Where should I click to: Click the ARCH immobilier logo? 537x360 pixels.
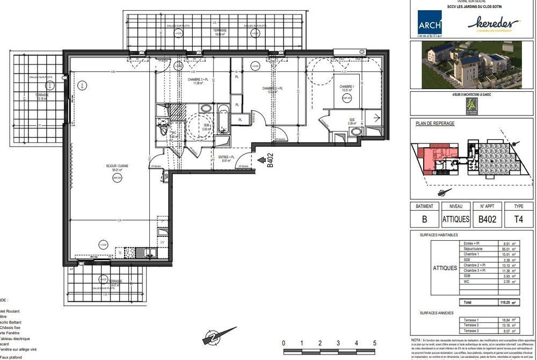click(430, 25)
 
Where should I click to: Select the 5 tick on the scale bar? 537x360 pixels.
click(374, 343)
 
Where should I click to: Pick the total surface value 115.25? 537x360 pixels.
click(502, 303)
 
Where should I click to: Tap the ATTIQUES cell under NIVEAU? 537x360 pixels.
click(455, 219)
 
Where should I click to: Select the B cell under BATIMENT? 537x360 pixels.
click(424, 219)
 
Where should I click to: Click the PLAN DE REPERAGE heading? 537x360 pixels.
click(435, 123)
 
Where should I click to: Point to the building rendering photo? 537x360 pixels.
click(466, 65)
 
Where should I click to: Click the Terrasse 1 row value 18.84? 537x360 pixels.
click(502, 320)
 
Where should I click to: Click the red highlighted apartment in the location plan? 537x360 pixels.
click(430, 158)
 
